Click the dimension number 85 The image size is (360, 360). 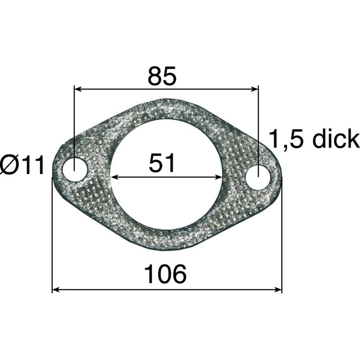coord(162,76)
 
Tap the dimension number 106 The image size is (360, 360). coord(165,274)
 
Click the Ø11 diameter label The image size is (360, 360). coord(22,165)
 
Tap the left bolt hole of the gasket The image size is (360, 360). coord(75,170)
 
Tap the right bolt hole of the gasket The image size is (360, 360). coord(258,177)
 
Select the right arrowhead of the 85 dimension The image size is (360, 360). coord(254,89)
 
